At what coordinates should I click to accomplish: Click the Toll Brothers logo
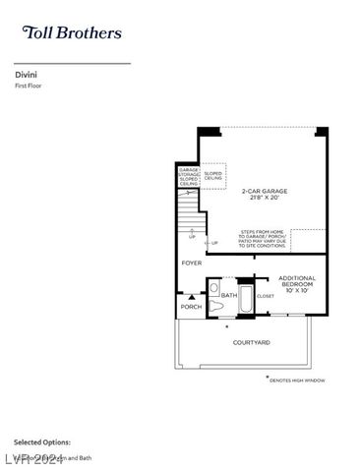72,32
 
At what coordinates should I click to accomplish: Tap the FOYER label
191,264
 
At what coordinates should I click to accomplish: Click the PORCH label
191,306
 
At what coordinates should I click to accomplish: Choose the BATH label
228,294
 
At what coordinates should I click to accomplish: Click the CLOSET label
266,295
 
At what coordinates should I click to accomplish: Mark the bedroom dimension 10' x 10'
295,291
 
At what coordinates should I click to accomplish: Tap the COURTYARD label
251,342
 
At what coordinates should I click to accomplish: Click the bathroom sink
213,288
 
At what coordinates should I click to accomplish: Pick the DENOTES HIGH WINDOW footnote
296,380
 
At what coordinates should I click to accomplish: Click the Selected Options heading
42,442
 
